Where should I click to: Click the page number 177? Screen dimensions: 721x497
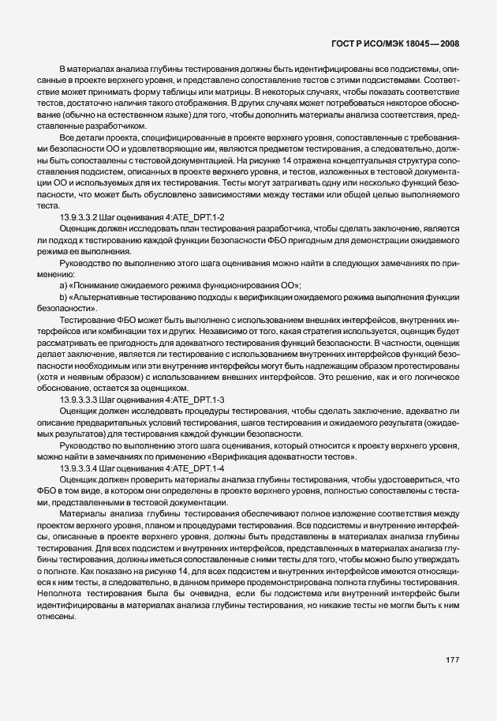click(x=451, y=659)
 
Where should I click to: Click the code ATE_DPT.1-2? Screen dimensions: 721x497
click(x=197, y=216)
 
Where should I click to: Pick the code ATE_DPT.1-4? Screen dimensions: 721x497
click(x=197, y=468)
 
